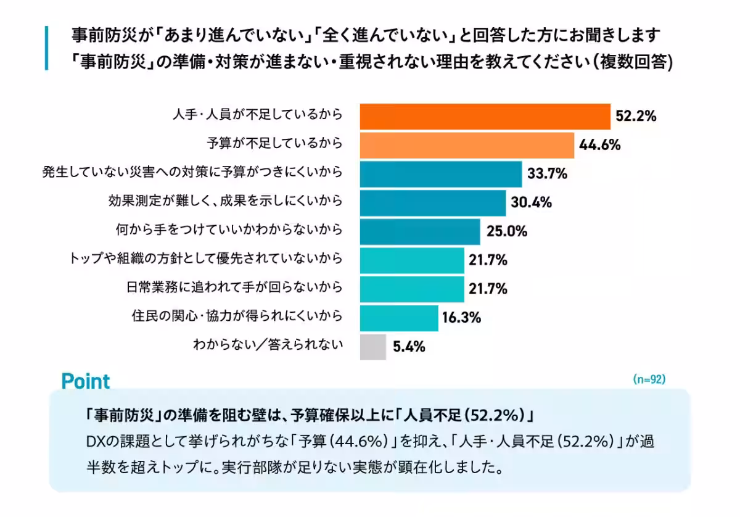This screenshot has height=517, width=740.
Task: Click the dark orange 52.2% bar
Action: [x=485, y=116]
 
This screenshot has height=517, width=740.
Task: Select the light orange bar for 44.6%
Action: [x=467, y=145]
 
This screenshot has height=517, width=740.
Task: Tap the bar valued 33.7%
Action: [x=440, y=174]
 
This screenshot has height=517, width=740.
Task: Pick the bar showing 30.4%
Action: [x=432, y=202]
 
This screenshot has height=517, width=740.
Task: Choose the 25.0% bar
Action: [x=419, y=231]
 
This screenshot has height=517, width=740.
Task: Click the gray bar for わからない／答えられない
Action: [x=372, y=347]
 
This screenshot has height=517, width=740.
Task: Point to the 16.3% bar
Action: [x=398, y=318]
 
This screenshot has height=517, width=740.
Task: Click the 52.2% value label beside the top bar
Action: [x=635, y=116]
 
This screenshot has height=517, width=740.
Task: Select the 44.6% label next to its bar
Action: [x=599, y=145]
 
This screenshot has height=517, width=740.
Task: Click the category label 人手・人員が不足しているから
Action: [x=256, y=115]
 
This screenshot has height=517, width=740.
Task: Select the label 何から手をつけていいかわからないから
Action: [x=229, y=231]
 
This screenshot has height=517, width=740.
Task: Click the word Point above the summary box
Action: [x=85, y=381]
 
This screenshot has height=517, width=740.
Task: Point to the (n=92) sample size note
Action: [x=649, y=379]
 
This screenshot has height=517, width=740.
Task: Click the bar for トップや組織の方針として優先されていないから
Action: [x=411, y=260]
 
